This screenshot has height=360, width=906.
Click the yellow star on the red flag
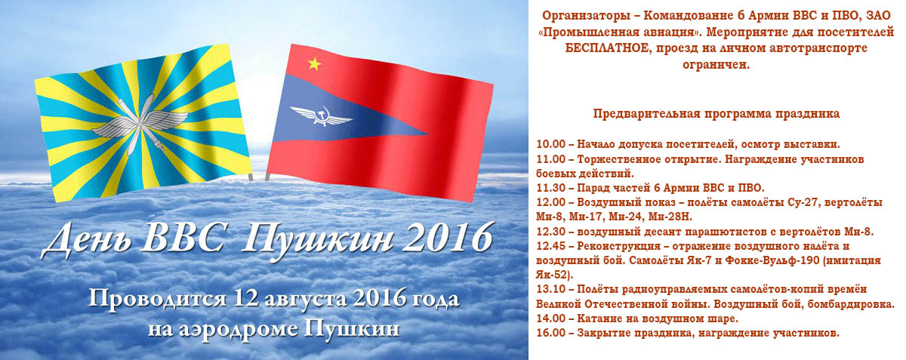coord(315,63)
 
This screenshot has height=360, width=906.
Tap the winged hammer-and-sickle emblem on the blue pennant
coord(321,115)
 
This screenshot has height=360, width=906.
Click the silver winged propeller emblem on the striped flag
coord(140,124)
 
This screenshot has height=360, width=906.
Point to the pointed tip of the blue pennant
coord(428,133)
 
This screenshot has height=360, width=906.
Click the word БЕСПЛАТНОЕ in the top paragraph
coord(608,48)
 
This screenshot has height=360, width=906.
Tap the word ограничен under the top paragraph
coord(716,65)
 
